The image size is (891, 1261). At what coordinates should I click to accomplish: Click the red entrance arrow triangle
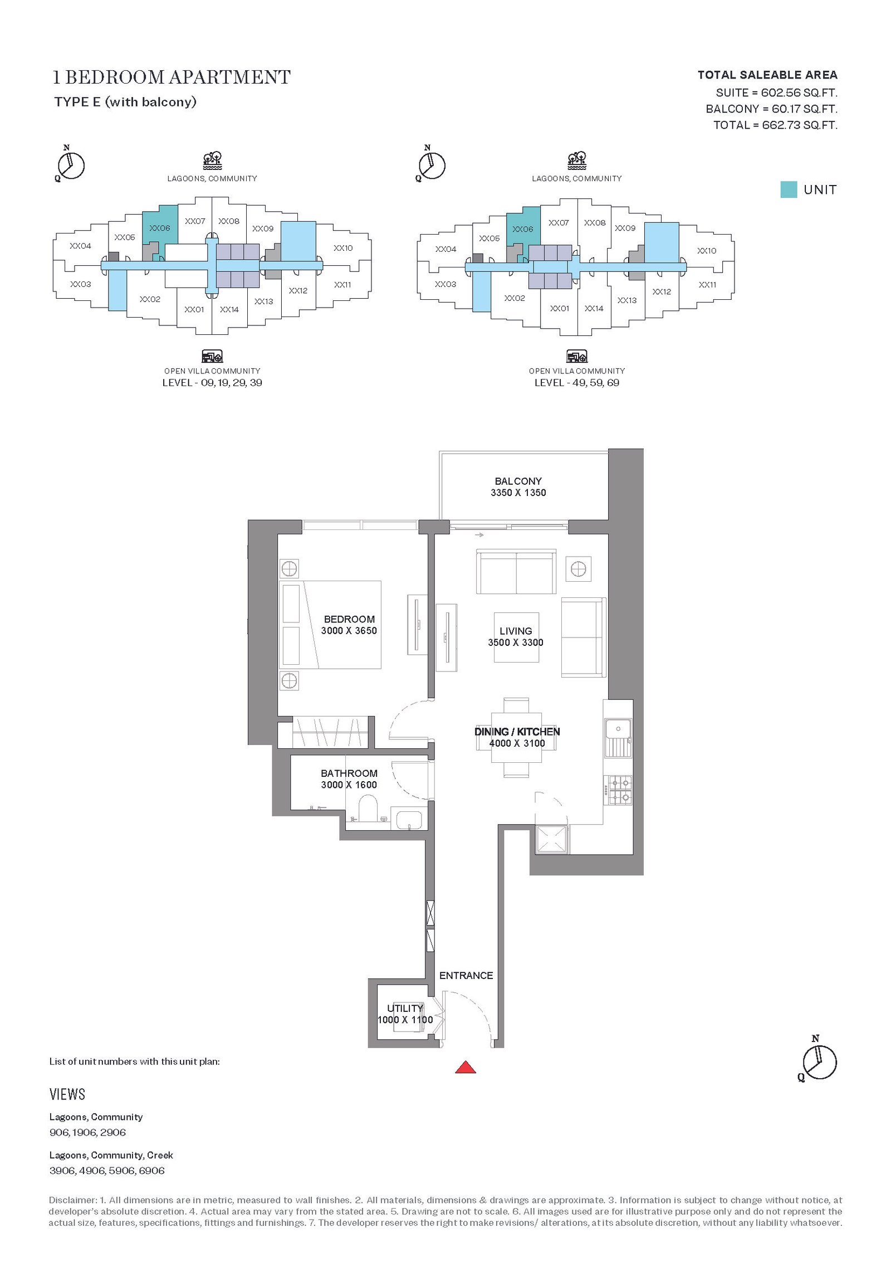pos(466,1068)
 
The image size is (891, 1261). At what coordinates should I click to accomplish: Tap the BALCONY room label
pos(518,481)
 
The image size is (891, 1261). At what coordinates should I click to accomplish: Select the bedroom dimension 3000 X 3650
pos(349,631)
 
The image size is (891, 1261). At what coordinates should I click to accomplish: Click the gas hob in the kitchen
pos(620,790)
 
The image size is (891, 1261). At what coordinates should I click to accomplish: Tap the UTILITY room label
pos(405,1009)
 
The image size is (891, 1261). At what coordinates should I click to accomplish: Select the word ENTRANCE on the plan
pos(466,976)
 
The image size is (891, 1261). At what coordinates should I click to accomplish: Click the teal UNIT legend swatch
pos(789,189)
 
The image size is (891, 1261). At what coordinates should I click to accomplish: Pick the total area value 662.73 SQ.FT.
pos(800,125)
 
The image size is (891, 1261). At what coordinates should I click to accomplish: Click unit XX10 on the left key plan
pos(343,248)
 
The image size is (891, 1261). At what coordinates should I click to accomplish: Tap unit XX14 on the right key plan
pos(594,308)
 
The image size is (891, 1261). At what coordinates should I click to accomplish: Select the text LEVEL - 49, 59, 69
pos(577,383)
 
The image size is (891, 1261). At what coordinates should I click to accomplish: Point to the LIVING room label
pos(516,631)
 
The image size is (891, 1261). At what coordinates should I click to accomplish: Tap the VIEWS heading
pos(67,1094)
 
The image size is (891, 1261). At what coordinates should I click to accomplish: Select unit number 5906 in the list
pos(121,1171)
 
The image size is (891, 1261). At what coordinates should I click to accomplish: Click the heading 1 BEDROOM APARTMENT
pos(172,77)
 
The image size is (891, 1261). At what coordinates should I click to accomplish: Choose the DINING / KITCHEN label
pos(517,732)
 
